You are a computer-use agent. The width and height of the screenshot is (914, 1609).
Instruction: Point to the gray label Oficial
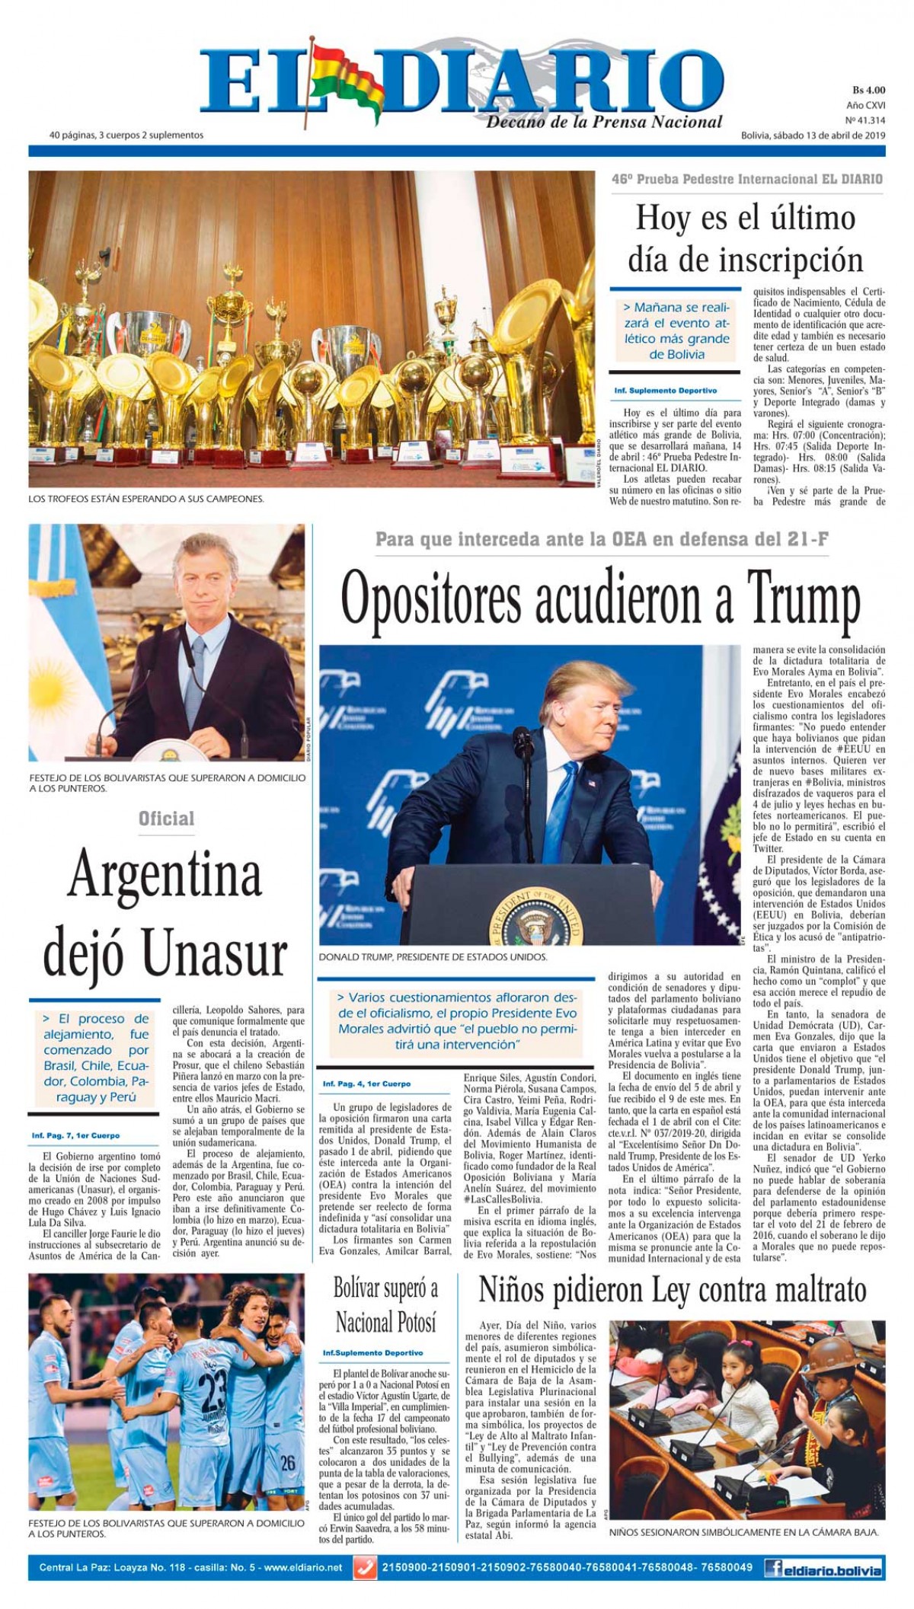(166, 819)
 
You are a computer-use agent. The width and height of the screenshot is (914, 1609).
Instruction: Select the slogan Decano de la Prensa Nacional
(604, 122)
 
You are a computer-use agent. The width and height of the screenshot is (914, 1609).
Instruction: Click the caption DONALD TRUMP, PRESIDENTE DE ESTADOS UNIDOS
(433, 956)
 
